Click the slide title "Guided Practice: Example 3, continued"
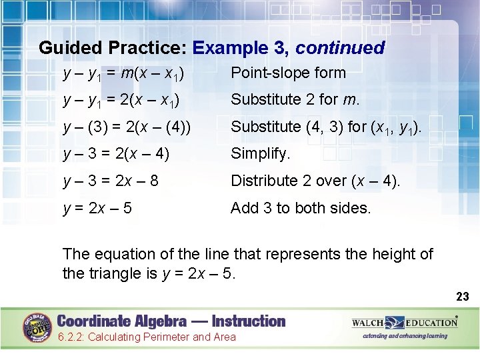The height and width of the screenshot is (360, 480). pos(211,48)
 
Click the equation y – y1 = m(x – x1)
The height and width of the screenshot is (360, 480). pos(123,73)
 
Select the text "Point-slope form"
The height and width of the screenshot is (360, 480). pos(288,73)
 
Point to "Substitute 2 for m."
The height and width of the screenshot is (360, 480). pos(295,100)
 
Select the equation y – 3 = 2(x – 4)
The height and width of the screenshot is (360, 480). pos(116,154)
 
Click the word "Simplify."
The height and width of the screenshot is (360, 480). pos(261,154)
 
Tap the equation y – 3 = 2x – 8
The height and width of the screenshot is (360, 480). pos(110,181)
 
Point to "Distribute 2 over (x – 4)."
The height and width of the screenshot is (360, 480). pos(315,181)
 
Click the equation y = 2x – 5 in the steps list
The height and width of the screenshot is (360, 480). pos(97,208)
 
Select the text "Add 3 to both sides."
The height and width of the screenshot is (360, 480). pos(300,208)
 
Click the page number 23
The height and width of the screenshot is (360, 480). pos(462,295)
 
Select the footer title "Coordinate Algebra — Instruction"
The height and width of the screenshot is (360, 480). pos(171,321)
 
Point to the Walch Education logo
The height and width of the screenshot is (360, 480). pos(405,323)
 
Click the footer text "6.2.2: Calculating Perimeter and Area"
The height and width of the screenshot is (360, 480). pos(147,337)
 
